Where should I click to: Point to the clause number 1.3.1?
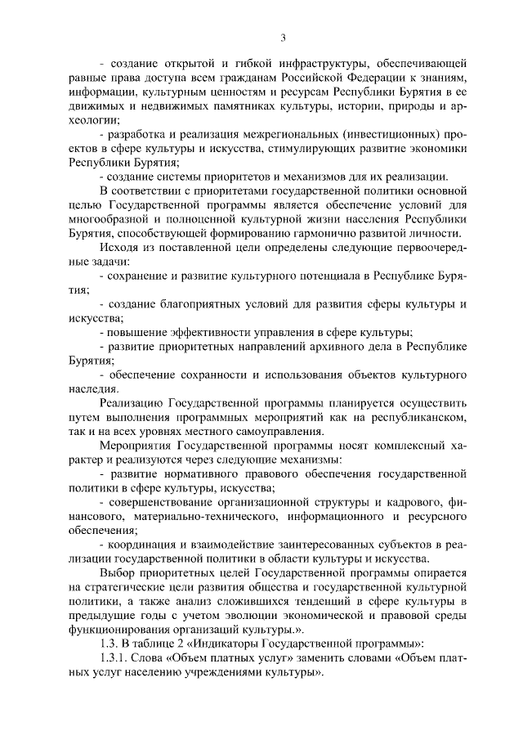tap(112, 659)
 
